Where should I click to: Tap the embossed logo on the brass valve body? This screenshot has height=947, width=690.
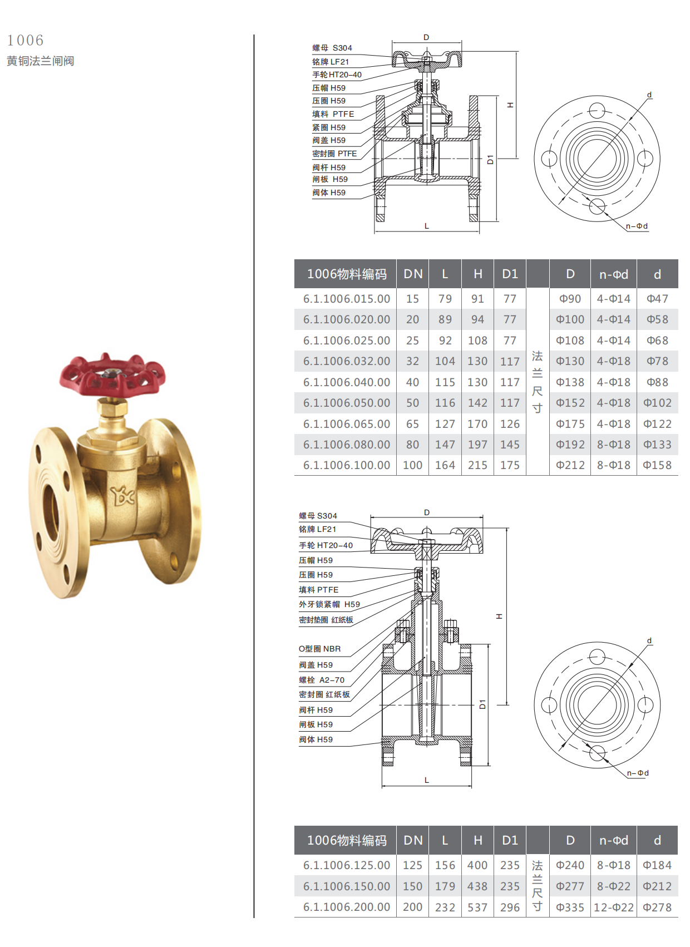click(x=122, y=496)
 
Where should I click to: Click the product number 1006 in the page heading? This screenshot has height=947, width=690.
click(x=26, y=40)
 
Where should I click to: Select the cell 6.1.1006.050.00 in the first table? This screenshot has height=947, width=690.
click(x=346, y=402)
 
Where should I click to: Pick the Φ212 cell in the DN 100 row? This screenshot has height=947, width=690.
click(x=570, y=465)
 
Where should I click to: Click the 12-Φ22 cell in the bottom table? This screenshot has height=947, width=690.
click(x=613, y=907)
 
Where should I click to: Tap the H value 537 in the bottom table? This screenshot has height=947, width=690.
click(x=477, y=907)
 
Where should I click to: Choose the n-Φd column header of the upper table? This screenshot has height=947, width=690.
click(x=613, y=274)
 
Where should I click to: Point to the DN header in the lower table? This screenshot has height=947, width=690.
click(x=413, y=840)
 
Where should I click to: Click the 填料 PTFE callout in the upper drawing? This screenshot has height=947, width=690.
click(x=333, y=114)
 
